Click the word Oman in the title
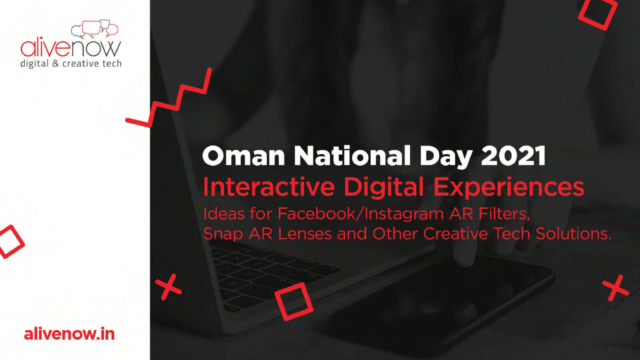(244, 156)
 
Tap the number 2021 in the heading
(514, 156)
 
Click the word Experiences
(508, 187)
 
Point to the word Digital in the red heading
(384, 187)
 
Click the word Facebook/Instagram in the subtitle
(360, 214)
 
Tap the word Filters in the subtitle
(504, 214)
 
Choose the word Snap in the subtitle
(223, 234)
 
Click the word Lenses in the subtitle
(304, 234)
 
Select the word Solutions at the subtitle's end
(574, 234)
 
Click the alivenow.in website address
(70, 334)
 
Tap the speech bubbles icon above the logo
(94, 28)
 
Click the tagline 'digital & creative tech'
(71, 64)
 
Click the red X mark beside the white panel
(168, 287)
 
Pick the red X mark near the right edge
(616, 288)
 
